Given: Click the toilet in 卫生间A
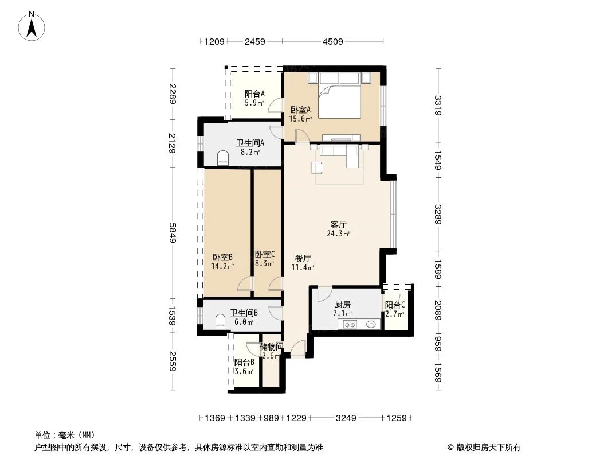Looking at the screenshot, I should click(224, 157).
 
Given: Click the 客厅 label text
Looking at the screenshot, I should click(338, 224).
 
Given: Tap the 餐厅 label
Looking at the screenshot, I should click(303, 258).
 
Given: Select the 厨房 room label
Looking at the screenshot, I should click(342, 305).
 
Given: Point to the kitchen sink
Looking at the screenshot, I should click(371, 324).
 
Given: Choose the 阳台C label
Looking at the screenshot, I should click(395, 305).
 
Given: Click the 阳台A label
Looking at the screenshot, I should click(254, 94).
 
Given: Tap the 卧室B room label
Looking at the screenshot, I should click(222, 257).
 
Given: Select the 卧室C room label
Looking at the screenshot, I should click(264, 255).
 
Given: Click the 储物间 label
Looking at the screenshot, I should click(271, 347).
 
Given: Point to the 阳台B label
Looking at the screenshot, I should click(244, 363).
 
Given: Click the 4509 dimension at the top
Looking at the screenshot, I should click(332, 41).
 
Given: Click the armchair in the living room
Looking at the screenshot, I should click(318, 168).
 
